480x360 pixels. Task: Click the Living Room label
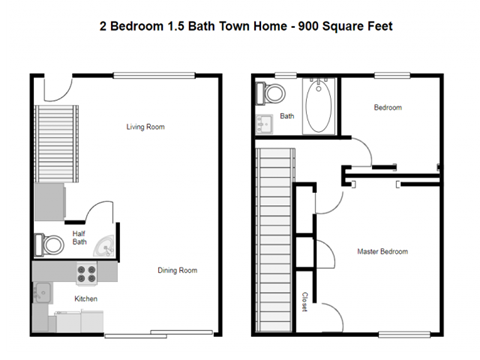point(145,127)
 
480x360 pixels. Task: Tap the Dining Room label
point(177,270)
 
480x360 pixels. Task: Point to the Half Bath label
point(80,238)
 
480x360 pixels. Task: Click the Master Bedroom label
point(382,251)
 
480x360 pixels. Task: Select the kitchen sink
point(42,294)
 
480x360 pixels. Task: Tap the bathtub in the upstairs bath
point(321,109)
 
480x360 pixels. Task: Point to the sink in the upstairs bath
point(263,126)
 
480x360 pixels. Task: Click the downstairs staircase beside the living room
point(49,150)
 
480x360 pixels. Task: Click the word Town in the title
point(261,27)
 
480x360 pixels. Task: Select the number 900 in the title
point(329,27)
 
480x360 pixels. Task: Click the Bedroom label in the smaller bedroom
point(388,107)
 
